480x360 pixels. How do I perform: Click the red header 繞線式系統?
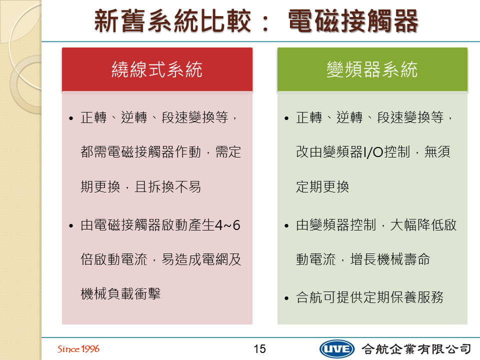click(157, 69)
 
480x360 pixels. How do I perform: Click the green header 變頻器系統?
click(372, 69)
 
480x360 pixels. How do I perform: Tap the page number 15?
click(259, 349)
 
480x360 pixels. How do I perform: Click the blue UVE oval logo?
click(336, 349)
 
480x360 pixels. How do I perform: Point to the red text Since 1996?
click(78, 349)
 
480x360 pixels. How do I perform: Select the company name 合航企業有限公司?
click(416, 349)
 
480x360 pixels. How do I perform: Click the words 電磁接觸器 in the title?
click(353, 21)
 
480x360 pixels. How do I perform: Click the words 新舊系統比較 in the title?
click(173, 21)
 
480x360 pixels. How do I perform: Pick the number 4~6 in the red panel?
click(227, 225)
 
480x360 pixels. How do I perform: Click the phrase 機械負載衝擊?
click(120, 294)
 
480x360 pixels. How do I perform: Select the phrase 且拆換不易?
click(168, 186)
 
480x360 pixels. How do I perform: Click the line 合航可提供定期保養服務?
click(370, 297)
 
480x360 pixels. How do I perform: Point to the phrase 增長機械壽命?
click(390, 259)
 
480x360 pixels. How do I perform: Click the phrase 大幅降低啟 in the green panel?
click(423, 225)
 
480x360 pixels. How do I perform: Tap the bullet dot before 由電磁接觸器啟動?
click(71, 226)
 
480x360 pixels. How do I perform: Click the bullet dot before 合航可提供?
click(286, 298)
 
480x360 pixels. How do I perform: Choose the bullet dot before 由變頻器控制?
click(286, 226)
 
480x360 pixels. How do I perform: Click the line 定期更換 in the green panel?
click(322, 186)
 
